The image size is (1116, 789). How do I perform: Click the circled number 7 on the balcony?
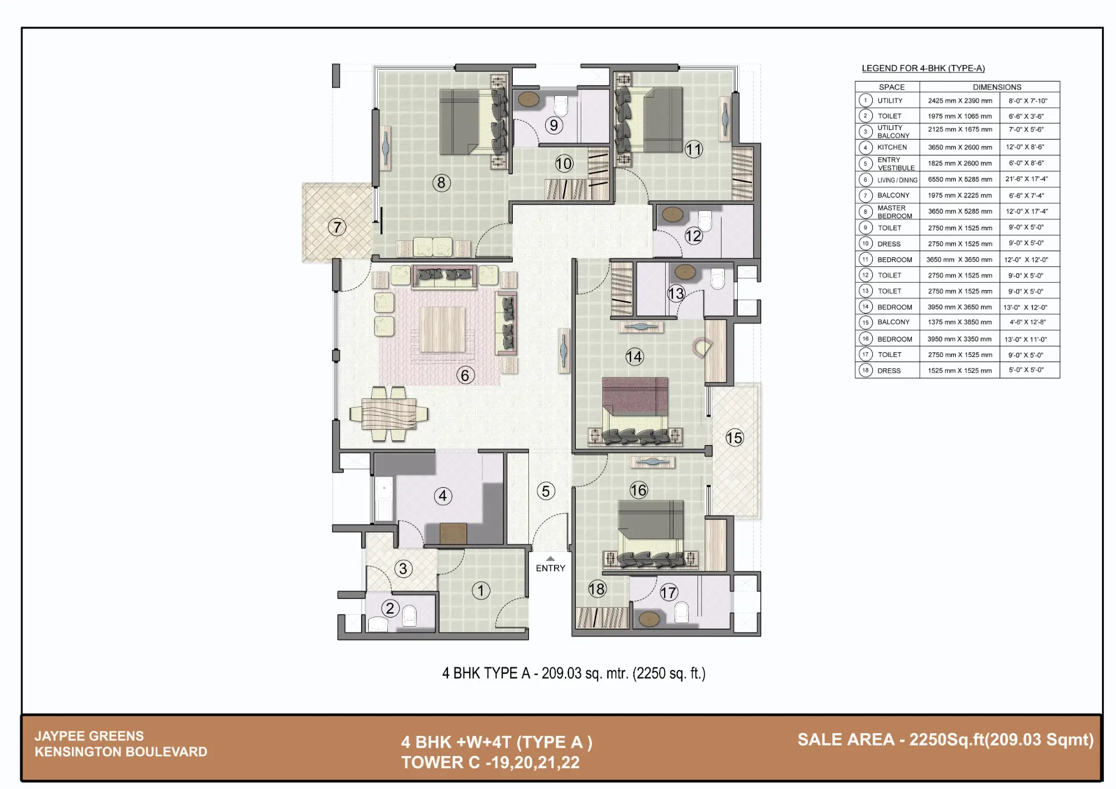[x=337, y=227]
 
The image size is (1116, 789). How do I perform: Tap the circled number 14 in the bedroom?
[x=634, y=357]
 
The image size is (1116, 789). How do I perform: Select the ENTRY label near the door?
[x=550, y=568]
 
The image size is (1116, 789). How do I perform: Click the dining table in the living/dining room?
[x=389, y=414]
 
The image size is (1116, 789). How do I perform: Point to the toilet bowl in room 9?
[x=560, y=105]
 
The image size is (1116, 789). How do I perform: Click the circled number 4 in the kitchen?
[x=442, y=495]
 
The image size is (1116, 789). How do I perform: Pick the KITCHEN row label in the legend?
[x=892, y=147]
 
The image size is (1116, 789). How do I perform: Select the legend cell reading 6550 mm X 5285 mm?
[x=960, y=179]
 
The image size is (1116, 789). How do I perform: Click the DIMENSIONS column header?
[x=997, y=87]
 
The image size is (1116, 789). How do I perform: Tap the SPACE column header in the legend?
[x=892, y=87]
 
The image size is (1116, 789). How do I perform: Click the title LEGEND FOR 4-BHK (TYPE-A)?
[x=923, y=68]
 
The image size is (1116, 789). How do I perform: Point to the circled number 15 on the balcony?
[x=734, y=437]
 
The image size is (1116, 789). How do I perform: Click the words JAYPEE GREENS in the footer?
[x=89, y=736]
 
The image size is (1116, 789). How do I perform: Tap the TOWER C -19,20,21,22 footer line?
[x=490, y=762]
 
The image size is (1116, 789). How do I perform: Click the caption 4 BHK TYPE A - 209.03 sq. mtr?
[x=574, y=673]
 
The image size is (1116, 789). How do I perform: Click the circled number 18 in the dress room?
[x=597, y=589]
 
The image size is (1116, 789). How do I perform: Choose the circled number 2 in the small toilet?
[x=390, y=608]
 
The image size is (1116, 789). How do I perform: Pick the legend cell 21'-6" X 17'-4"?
[x=1027, y=179]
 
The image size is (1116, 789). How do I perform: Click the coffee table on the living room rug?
[x=442, y=329]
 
